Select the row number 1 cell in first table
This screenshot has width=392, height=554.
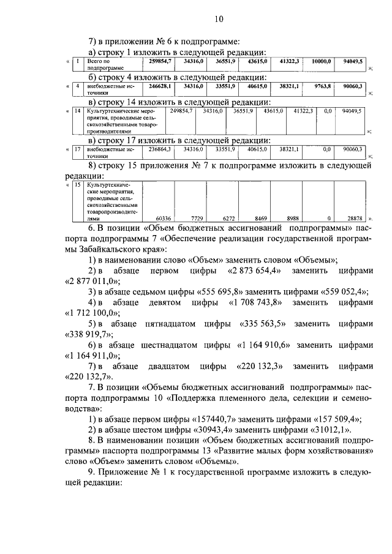[x=77, y=62]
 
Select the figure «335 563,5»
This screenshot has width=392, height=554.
[x=257, y=324]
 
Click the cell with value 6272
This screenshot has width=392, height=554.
[x=225, y=217]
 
